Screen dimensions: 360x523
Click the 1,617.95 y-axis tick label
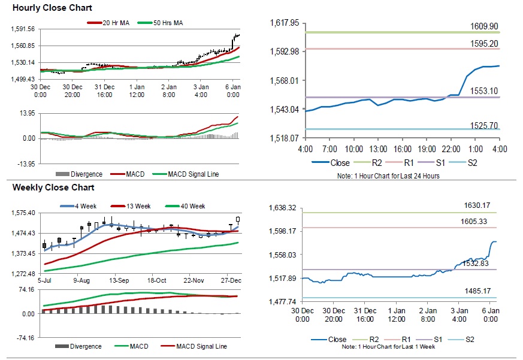(285, 23)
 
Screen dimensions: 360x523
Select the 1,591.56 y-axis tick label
(24, 29)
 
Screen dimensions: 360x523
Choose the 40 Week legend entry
(193, 206)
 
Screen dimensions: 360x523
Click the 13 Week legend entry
(139, 206)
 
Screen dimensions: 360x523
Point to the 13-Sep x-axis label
(119, 280)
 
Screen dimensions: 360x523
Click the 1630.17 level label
(477, 205)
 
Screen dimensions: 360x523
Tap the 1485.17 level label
(477, 291)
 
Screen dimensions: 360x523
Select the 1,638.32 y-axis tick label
(285, 208)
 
